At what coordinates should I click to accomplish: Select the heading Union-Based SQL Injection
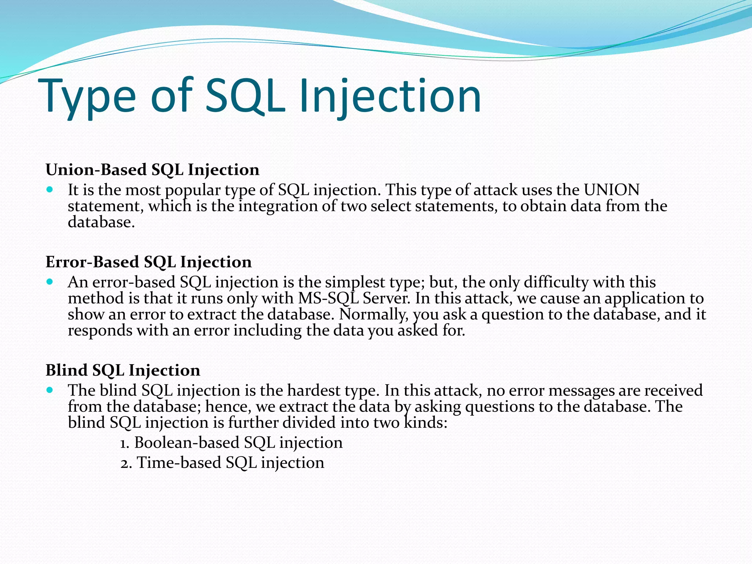(x=152, y=170)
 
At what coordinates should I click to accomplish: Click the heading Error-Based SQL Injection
(x=149, y=262)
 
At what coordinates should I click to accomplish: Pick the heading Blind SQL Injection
(x=123, y=370)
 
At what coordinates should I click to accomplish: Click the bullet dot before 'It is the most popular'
(x=50, y=190)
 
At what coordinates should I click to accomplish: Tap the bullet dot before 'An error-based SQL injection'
(x=50, y=282)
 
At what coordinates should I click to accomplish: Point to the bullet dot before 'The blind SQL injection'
(x=50, y=390)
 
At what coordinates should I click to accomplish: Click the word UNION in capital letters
(x=612, y=190)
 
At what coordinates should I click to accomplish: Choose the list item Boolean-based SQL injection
(x=232, y=442)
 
